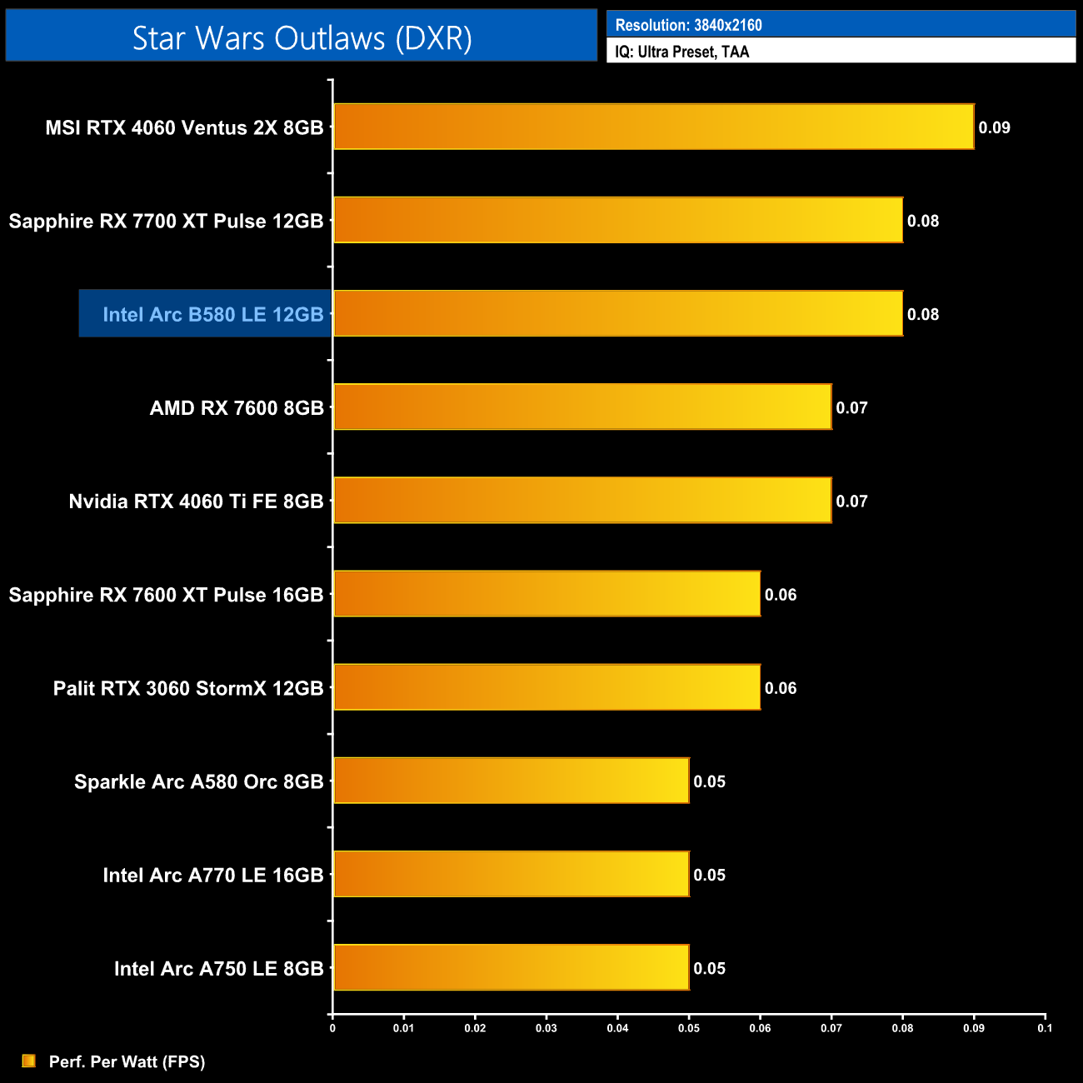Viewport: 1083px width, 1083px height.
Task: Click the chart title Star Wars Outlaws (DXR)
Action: pyautogui.click(x=302, y=37)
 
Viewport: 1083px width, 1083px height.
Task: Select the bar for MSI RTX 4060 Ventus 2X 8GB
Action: pyautogui.click(x=653, y=127)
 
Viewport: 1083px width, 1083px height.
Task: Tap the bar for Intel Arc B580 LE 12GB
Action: pyautogui.click(x=617, y=313)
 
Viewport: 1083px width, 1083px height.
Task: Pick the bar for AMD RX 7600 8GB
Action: pyautogui.click(x=582, y=407)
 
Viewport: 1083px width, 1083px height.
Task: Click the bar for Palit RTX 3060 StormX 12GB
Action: pyautogui.click(x=546, y=687)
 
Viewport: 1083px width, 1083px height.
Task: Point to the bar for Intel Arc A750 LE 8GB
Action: pyautogui.click(x=511, y=967)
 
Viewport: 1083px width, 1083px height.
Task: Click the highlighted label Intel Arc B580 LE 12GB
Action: pyautogui.click(x=212, y=314)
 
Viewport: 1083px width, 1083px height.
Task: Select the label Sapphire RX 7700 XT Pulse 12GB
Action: pyautogui.click(x=166, y=221)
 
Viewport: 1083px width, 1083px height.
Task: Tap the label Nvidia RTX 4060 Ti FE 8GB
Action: pyautogui.click(x=196, y=501)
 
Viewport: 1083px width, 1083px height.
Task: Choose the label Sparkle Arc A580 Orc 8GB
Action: pyautogui.click(x=198, y=781)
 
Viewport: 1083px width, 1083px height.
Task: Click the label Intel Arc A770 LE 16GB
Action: pyautogui.click(x=212, y=875)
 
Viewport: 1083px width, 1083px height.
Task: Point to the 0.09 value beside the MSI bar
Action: pyautogui.click(x=994, y=127)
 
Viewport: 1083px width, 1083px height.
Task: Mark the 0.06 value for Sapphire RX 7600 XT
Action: pyautogui.click(x=781, y=595)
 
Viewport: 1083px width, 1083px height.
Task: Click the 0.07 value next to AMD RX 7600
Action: pyautogui.click(x=851, y=407)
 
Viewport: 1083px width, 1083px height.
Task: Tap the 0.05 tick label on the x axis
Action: pyautogui.click(x=689, y=1028)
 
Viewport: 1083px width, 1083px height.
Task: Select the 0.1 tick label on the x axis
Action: pyautogui.click(x=1045, y=1028)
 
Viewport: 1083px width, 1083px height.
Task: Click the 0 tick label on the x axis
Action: pyautogui.click(x=332, y=1028)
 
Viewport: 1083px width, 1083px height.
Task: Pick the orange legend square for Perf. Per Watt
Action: pyautogui.click(x=29, y=1061)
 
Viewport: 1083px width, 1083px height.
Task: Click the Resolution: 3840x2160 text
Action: pyautogui.click(x=688, y=25)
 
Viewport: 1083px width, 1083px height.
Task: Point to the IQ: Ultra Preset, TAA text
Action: pyautogui.click(x=682, y=52)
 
